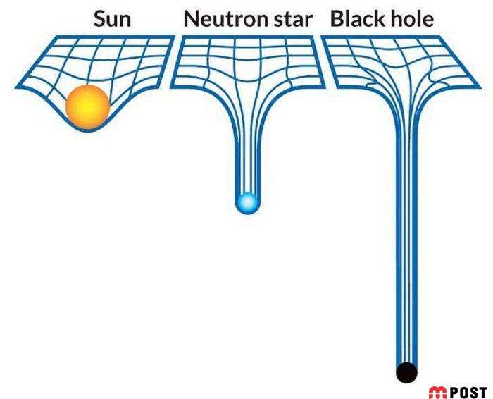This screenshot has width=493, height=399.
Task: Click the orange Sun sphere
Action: pyautogui.click(x=87, y=107)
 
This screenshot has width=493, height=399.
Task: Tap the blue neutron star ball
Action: pyautogui.click(x=247, y=203)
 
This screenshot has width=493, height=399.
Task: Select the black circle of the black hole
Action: pyautogui.click(x=406, y=372)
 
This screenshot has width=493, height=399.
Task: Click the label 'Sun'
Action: pyautogui.click(x=111, y=19)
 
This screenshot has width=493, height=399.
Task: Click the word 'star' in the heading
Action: pyautogui.click(x=290, y=19)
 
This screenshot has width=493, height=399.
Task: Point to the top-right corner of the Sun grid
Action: pyautogui.click(x=173, y=37)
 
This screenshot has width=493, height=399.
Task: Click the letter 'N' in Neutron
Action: pyautogui.click(x=191, y=19)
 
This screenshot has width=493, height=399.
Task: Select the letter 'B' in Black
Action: pyautogui.click(x=337, y=19)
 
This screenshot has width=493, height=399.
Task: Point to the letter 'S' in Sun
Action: pyautogui.click(x=99, y=19)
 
